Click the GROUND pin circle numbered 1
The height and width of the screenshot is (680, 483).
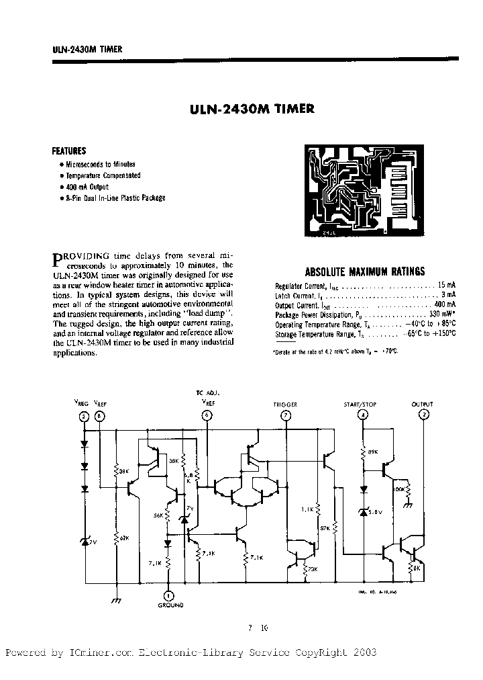[168, 594]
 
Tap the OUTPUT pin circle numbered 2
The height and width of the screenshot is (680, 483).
[423, 415]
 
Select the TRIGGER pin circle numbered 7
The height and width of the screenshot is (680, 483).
[286, 415]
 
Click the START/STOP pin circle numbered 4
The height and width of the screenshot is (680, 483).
[363, 415]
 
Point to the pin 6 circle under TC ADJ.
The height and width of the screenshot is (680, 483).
[205, 415]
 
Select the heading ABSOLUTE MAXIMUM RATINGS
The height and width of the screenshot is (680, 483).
[364, 272]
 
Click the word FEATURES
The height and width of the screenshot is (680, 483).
[69, 151]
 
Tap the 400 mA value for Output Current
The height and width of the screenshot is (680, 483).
[447, 305]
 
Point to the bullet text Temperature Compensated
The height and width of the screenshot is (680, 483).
[103, 175]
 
